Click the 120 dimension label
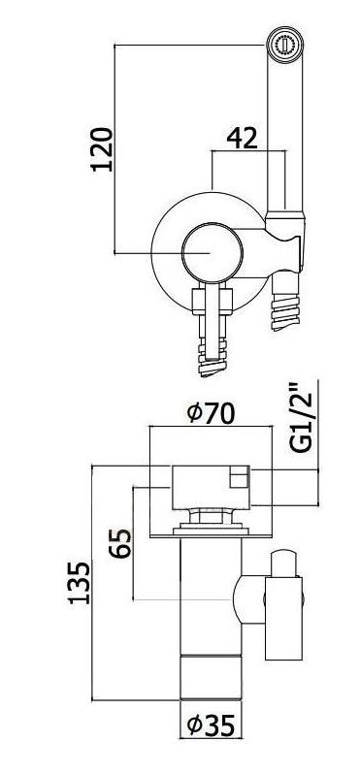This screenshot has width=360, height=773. (102, 149)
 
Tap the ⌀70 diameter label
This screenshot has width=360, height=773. (211, 413)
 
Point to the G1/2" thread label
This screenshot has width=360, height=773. (301, 417)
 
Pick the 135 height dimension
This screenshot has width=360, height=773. (79, 582)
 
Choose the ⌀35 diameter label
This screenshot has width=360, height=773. (212, 725)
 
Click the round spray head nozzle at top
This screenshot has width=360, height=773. (285, 46)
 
